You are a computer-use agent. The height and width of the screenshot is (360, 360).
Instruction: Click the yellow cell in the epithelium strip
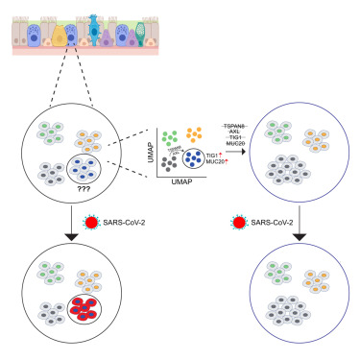pyautogui.click(x=59, y=35)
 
